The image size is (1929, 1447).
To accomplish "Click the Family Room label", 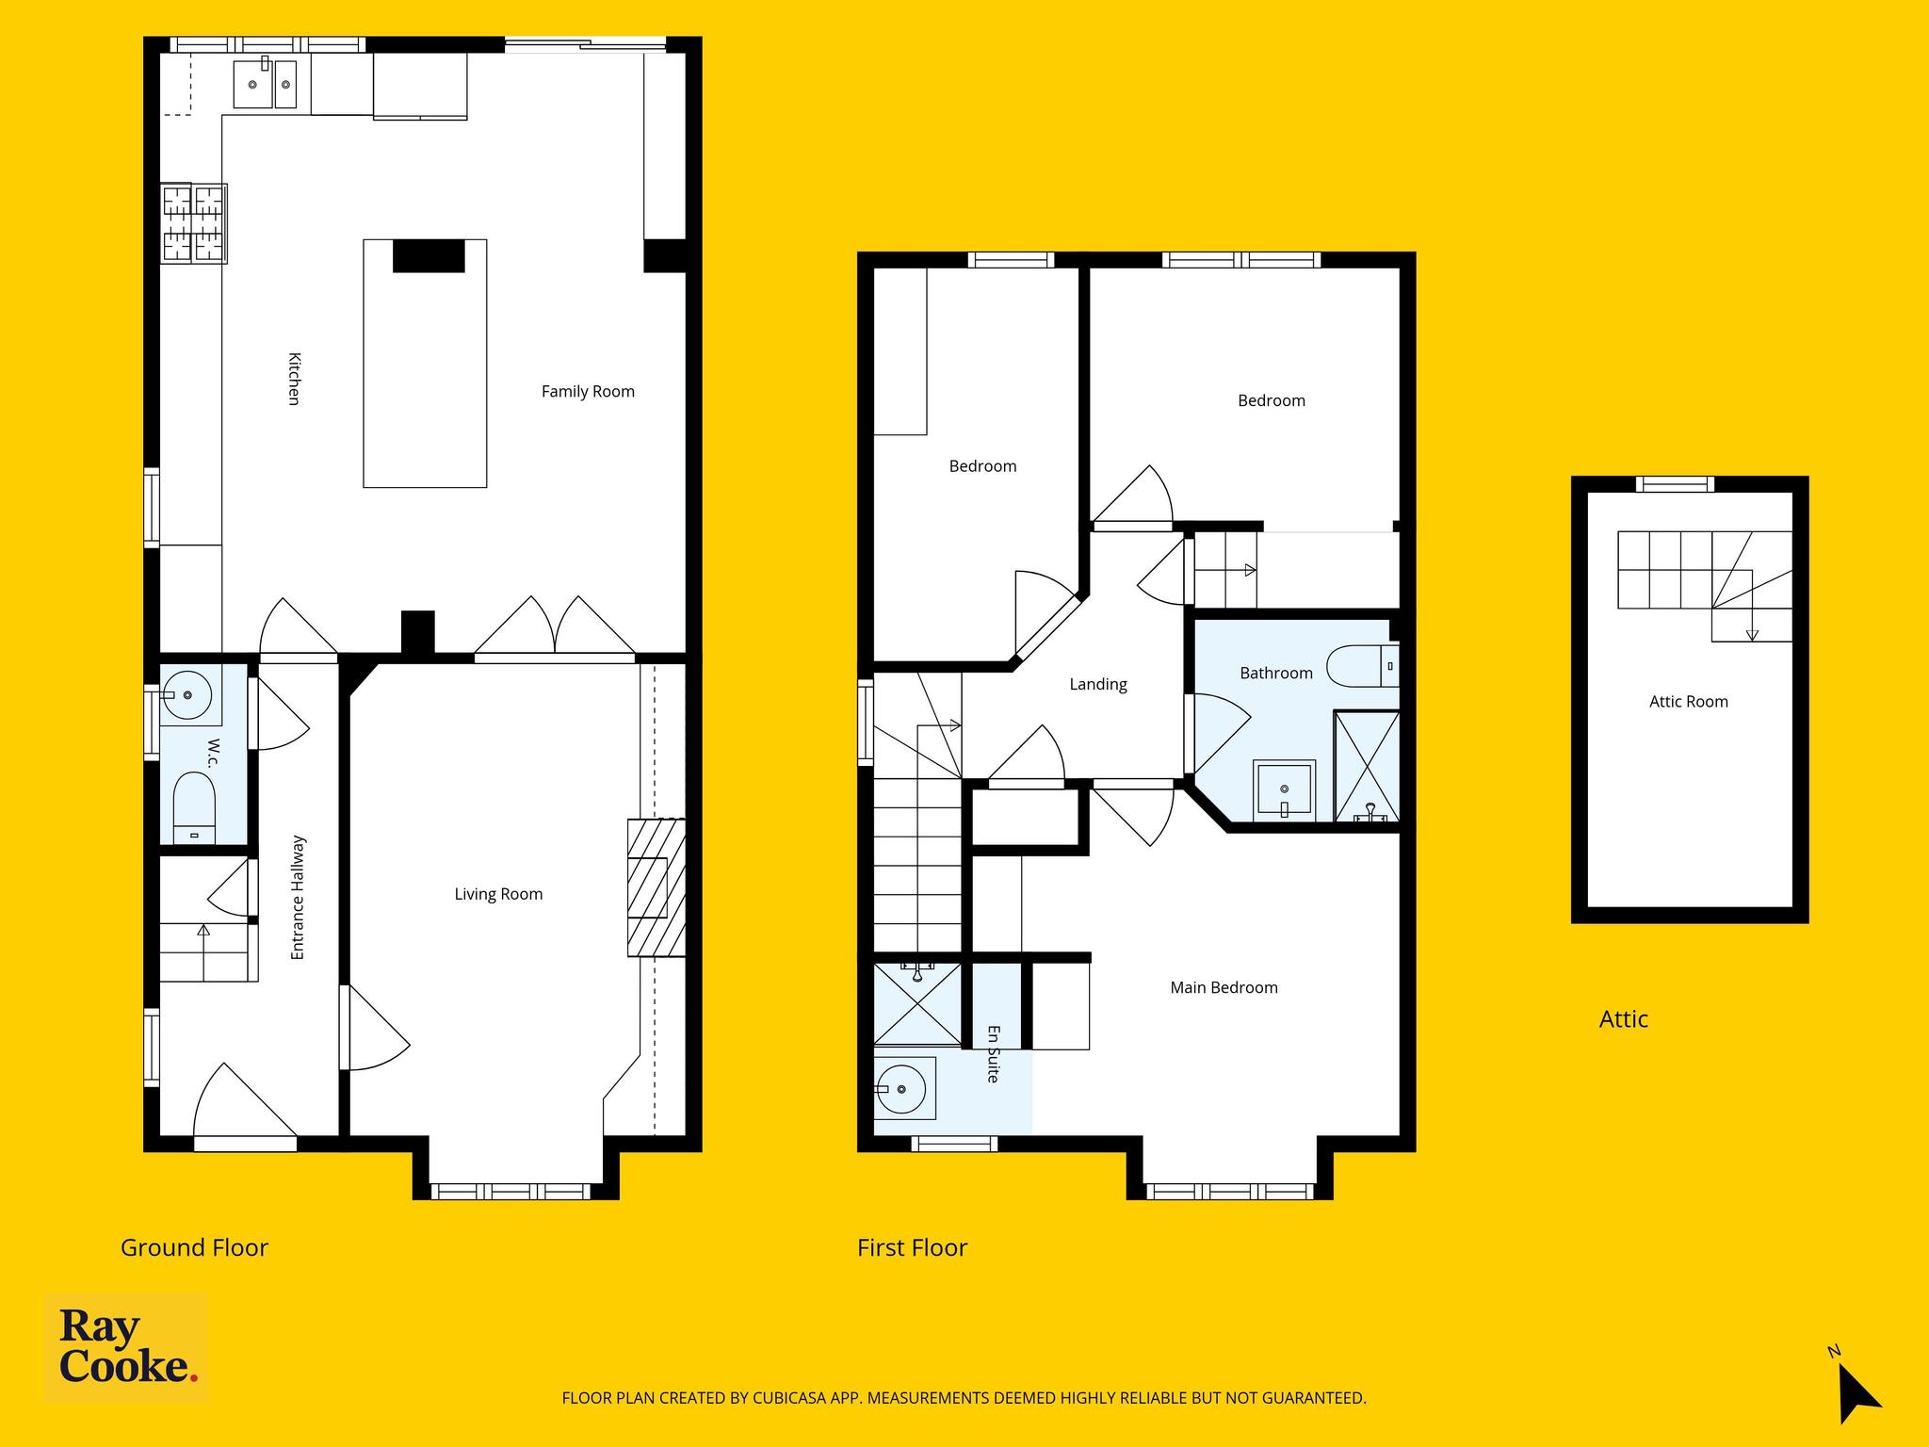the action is point(588,392).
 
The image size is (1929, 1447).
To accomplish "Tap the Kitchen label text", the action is point(294,379).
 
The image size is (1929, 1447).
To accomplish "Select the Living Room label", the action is point(498,894).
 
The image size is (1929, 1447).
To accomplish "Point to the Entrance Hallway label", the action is point(298,898).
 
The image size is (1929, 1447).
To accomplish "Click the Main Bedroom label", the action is point(1224,987).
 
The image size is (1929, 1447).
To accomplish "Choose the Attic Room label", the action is point(1689,701).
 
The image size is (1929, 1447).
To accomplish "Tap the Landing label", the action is point(1098,684).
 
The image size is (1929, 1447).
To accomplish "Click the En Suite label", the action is point(993,1054).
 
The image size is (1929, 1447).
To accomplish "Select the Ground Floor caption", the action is point(194,1247).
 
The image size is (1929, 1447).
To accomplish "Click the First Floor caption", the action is point(912,1247).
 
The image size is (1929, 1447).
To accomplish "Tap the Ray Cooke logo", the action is point(126,1347).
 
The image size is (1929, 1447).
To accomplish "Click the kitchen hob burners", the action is point(194,223).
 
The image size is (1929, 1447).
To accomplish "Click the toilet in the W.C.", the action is point(195,808).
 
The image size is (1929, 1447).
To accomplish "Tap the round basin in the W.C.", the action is point(187,695).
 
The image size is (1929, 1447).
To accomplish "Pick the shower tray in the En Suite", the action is point(917,1004).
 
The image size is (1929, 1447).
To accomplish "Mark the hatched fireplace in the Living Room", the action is point(657,888).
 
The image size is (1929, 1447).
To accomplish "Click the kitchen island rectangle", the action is point(425,364).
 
